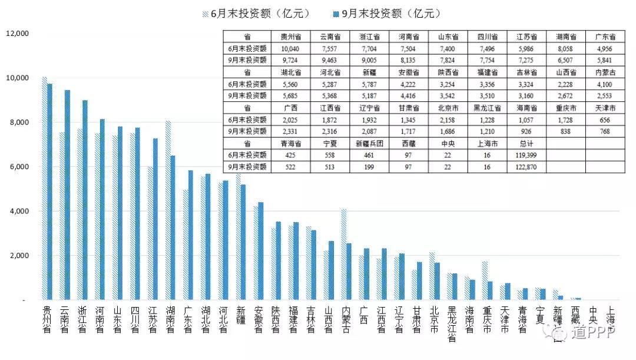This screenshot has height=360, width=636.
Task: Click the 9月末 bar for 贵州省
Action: pyautogui.click(x=50, y=191)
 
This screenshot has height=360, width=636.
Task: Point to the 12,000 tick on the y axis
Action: pyautogui.click(x=17, y=34)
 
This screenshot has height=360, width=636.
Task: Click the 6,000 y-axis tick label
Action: pyautogui.click(x=19, y=167)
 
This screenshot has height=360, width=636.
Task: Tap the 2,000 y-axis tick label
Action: pyautogui.click(x=19, y=256)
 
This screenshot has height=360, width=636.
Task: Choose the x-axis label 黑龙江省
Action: pyautogui.click(x=452, y=323)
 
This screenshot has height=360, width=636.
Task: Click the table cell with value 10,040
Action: pyautogui.click(x=290, y=48)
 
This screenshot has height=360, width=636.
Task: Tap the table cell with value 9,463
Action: pyautogui.click(x=330, y=60)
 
